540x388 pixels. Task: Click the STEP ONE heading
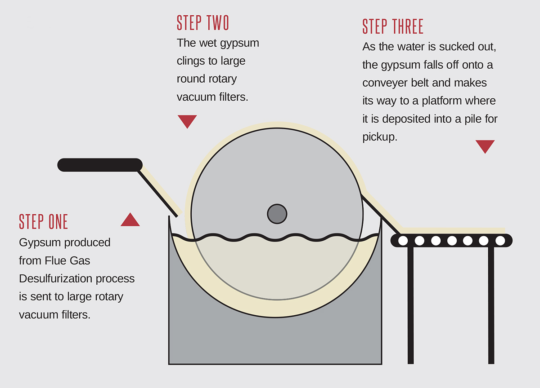coord(43,222)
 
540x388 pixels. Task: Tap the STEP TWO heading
coord(203,23)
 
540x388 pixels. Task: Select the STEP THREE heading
coord(393,27)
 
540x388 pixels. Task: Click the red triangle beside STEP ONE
coord(130,220)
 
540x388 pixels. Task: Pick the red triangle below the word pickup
coord(485,146)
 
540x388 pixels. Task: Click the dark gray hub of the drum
coord(277,213)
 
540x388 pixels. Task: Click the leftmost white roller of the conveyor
coord(403,241)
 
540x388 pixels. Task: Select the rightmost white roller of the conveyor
coord(500,241)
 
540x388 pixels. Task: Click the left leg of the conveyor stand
coord(410,305)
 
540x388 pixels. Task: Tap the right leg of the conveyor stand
coord(491,305)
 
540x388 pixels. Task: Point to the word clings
coord(192,61)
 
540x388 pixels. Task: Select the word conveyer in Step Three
coord(384,83)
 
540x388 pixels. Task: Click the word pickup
coord(380,137)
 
